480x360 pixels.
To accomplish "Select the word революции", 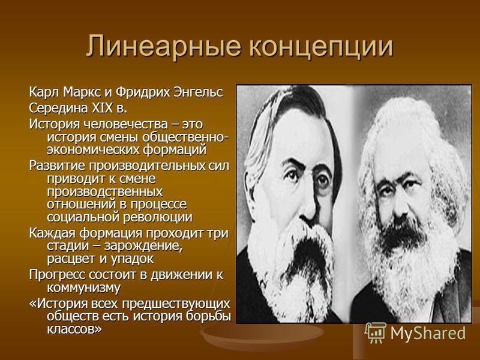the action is coord(158,217).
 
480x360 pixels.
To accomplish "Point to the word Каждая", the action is coord(53,233).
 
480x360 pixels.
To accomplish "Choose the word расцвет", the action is coord(71,259).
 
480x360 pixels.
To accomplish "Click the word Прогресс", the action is coord(57,275).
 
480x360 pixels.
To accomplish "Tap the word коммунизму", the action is coord(83,288).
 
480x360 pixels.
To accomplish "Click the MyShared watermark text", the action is coord(428,334).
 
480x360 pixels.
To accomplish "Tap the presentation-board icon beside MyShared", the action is coord(376,332).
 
